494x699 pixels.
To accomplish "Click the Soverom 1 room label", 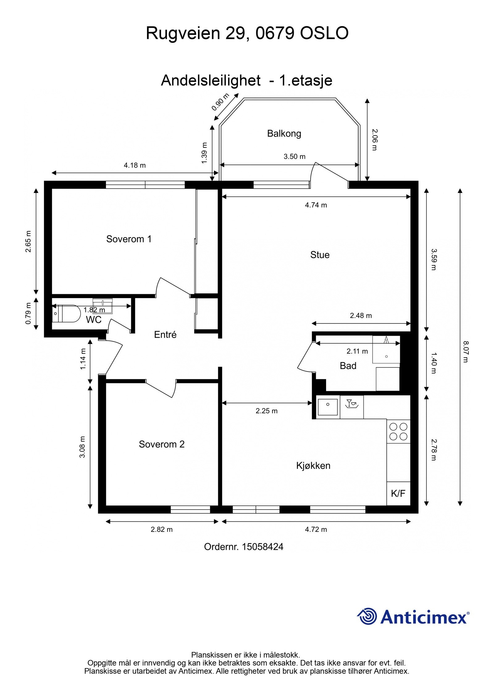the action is [x=129, y=239].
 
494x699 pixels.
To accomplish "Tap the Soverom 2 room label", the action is [x=161, y=444].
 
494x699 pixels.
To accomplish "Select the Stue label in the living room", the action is [x=320, y=255].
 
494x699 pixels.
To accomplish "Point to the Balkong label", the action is [x=284, y=134].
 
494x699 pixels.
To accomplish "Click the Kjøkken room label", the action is [x=313, y=465].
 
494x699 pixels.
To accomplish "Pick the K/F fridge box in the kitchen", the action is [x=398, y=493].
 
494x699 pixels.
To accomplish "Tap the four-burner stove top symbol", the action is [x=398, y=432].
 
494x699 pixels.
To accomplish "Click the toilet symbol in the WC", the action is [x=65, y=314].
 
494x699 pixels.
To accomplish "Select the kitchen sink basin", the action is [x=328, y=407].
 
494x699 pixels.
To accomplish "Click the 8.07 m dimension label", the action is [x=466, y=352].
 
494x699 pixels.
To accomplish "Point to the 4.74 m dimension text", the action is [x=316, y=205].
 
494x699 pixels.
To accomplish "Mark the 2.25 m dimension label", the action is [x=266, y=411].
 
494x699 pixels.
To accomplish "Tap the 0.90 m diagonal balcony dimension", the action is [x=220, y=102].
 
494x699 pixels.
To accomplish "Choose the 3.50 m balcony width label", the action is [x=295, y=157].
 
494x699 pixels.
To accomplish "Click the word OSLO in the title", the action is [x=324, y=33].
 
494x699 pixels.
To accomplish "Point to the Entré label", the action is [x=165, y=335].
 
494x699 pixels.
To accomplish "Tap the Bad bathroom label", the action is [x=348, y=366].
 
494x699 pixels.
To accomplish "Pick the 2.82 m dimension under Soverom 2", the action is [x=161, y=529].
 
